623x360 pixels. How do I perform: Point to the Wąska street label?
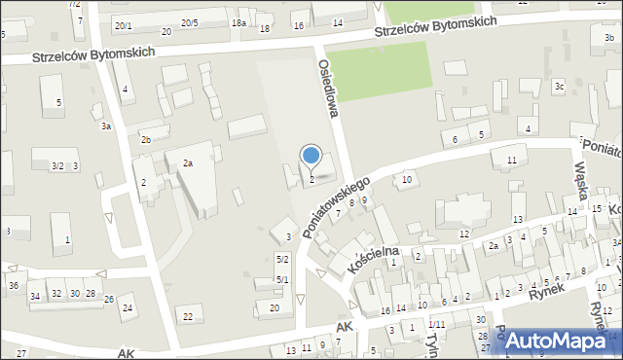589,181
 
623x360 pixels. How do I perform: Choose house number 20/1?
123,25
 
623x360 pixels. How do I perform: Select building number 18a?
238,22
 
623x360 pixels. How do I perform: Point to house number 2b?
145,140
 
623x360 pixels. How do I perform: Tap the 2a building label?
188,163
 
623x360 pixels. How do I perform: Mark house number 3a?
106,126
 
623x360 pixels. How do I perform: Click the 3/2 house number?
57,166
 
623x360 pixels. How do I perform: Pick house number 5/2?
282,259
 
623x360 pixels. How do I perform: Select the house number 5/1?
282,280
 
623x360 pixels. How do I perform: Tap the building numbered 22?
188,317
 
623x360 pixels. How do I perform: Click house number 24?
127,308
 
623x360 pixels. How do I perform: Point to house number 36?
13,285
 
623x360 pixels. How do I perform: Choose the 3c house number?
559,87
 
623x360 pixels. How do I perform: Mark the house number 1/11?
437,324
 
